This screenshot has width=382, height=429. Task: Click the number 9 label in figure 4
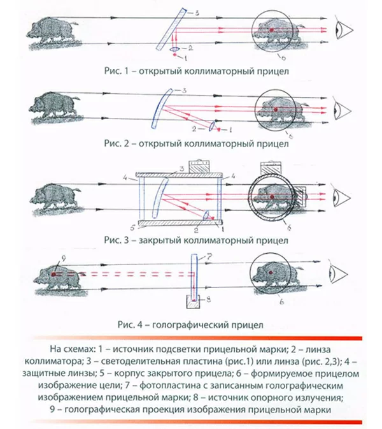pos(57,258)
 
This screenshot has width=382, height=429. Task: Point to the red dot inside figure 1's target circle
pos(272,30)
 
